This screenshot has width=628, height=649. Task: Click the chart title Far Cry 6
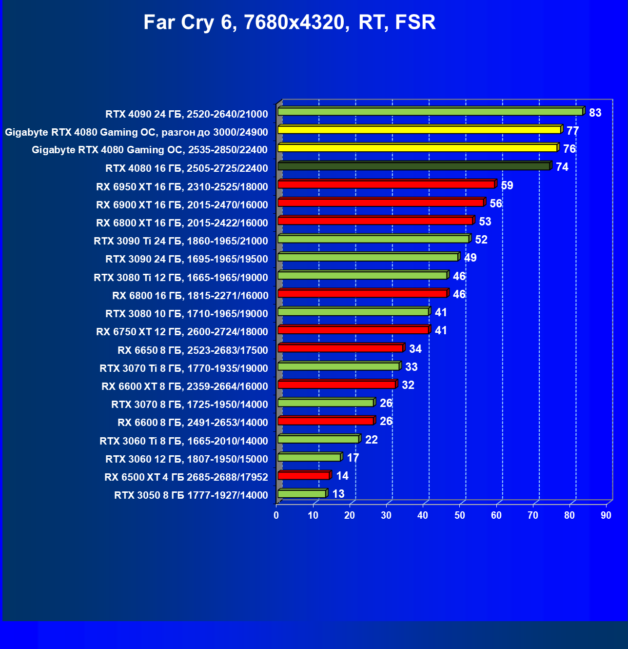[289, 22]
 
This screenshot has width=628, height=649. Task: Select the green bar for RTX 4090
[430, 112]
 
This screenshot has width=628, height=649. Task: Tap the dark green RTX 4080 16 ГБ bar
[414, 166]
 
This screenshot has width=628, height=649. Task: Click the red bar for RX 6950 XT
[386, 184]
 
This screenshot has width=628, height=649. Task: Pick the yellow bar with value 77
[419, 130]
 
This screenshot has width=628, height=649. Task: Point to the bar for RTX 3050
[302, 494]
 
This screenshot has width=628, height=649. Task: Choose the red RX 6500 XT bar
[304, 476]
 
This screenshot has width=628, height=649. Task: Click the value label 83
[595, 113]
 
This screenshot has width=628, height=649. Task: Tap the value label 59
[507, 185]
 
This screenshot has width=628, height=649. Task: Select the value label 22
[371, 440]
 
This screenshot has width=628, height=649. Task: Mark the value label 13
[338, 494]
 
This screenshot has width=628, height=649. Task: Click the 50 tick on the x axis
[460, 516]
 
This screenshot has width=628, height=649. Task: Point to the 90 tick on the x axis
[606, 516]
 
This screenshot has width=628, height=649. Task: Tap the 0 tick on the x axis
[276, 516]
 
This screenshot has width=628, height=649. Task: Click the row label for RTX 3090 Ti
[181, 241]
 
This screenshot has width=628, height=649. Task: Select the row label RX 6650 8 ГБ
[193, 350]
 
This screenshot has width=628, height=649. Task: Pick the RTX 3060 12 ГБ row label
[187, 459]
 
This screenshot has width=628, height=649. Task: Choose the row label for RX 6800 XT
[182, 223]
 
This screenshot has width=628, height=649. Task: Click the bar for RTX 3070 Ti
[338, 366]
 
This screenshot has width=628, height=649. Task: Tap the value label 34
[415, 349]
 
